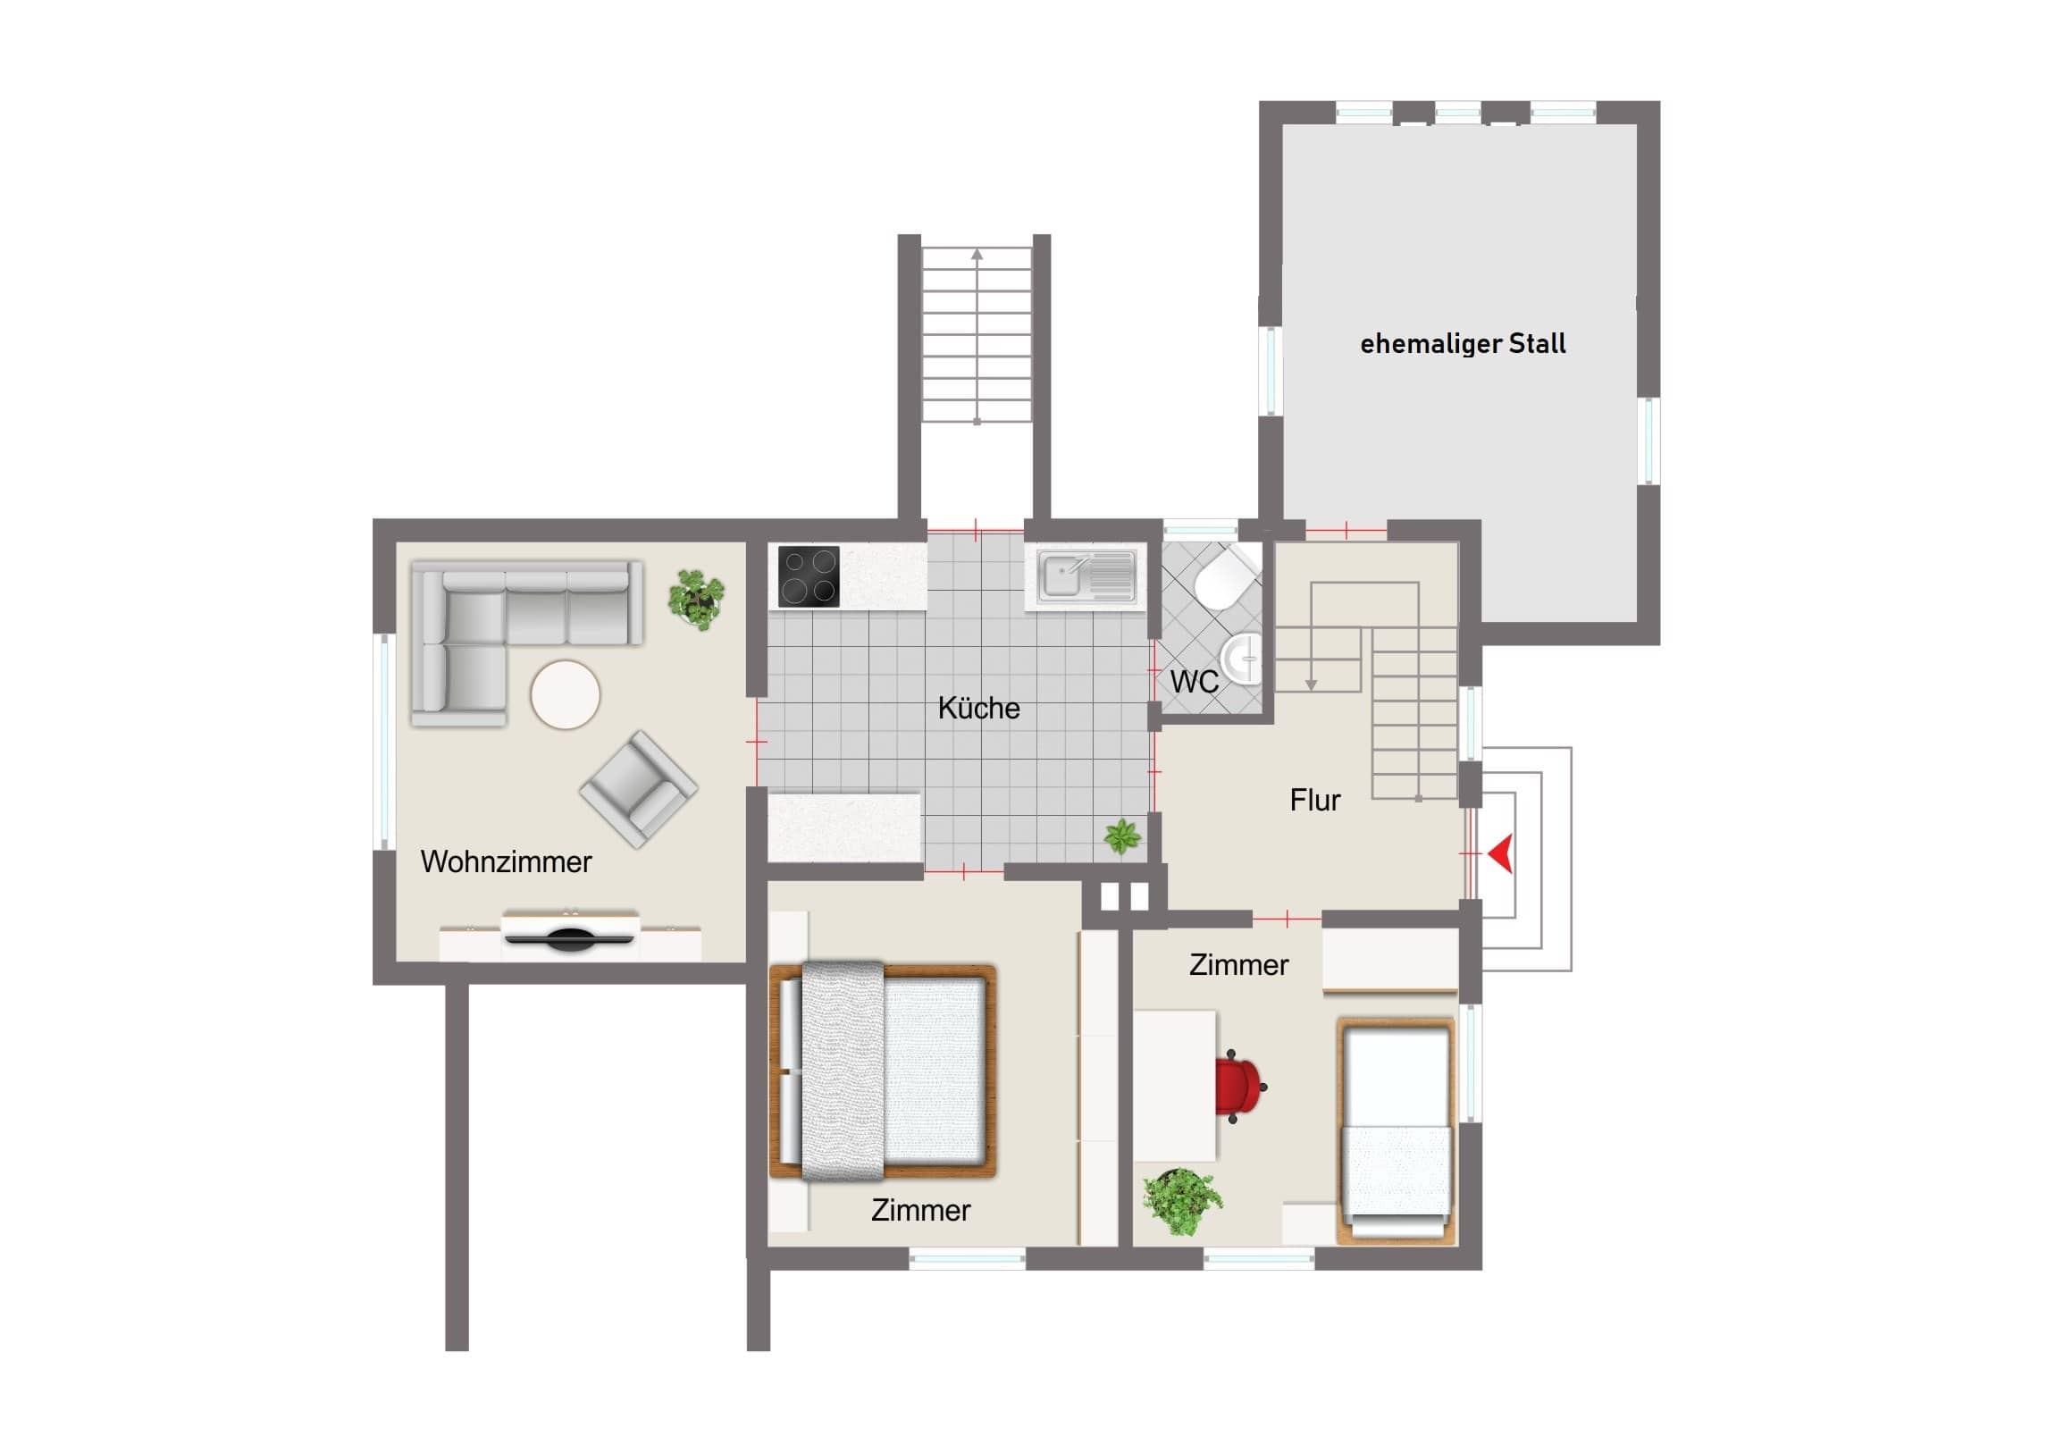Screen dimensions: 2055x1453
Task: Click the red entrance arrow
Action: coord(1502,853)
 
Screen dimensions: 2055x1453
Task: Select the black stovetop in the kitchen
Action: coord(809,575)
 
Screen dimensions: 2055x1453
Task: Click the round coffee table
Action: coord(565,694)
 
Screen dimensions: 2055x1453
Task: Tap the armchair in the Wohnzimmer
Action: coord(638,789)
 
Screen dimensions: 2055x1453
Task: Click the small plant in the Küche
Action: coord(1122,836)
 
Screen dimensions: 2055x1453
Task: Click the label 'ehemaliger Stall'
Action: coord(1463,344)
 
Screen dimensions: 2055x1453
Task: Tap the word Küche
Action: coord(978,708)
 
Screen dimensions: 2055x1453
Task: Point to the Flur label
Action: coord(1315,800)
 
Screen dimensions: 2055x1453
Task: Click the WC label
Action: coord(1194,681)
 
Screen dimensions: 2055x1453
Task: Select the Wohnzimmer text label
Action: coord(506,862)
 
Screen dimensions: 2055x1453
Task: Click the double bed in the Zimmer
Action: coord(883,1071)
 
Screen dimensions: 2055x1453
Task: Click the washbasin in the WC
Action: coord(1240,658)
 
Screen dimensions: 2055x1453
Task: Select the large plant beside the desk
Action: coord(1182,1200)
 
